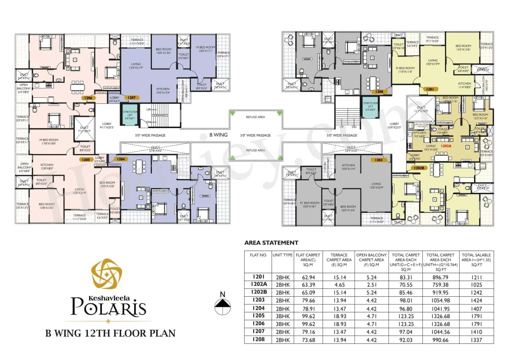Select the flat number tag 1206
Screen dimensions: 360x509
pos(89,97)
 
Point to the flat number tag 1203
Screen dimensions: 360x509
pos(378,160)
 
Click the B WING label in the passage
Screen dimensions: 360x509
pos(218,135)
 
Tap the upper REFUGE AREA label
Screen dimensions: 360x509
pos(255,117)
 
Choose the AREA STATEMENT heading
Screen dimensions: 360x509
pos(271,242)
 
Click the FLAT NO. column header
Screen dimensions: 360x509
pos(257,255)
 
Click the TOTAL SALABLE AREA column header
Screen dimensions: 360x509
pos(476,260)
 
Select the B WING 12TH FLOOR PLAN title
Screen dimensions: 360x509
pos(110,333)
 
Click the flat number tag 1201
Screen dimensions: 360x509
pos(431,90)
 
